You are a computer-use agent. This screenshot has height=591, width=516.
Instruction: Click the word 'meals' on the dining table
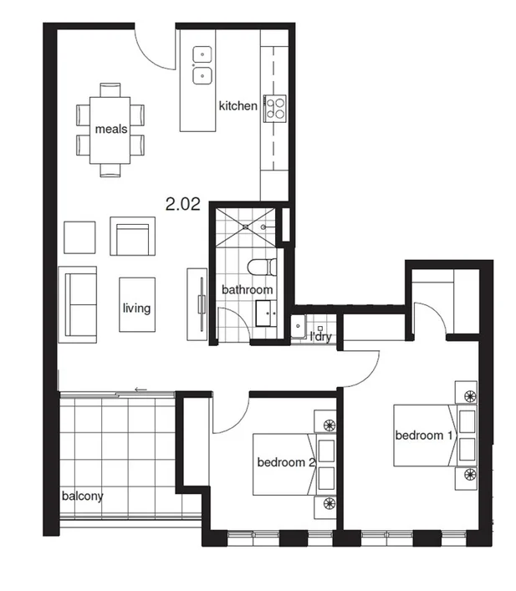(x=111, y=129)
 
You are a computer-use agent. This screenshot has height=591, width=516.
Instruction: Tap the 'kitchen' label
(x=238, y=106)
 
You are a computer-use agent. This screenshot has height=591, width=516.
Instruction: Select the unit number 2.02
(x=182, y=202)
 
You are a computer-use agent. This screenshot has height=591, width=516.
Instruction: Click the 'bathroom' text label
(x=247, y=290)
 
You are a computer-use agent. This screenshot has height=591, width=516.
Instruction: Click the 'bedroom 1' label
(x=424, y=435)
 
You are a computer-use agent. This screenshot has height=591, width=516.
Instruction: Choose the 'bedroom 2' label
(x=285, y=461)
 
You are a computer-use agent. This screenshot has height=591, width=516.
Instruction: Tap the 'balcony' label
(x=82, y=496)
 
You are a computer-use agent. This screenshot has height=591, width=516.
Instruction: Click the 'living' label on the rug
(x=136, y=308)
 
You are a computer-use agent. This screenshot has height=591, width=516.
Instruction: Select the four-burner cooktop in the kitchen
(x=275, y=107)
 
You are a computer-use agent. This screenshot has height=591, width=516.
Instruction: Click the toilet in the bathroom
(x=261, y=267)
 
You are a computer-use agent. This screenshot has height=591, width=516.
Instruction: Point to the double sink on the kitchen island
(x=202, y=65)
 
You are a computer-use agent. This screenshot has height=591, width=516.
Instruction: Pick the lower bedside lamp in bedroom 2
(x=327, y=503)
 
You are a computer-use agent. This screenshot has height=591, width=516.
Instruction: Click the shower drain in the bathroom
(x=248, y=226)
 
